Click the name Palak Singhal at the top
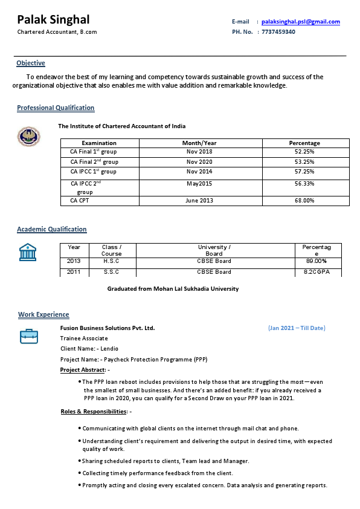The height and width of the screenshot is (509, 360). pos(53,20)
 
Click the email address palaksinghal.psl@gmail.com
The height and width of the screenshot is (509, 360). pos(300,22)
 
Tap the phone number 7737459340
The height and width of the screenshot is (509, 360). pos(278,31)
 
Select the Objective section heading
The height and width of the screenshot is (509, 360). pos(31,63)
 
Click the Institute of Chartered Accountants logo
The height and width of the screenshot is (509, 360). pos(28,136)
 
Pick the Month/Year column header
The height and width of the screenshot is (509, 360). pos(199,143)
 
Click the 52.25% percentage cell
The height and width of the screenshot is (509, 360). pos(304,152)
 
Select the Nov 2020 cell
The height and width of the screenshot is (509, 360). pos(199,162)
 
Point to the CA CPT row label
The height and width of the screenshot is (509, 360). pos(80,200)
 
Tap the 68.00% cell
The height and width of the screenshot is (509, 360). pos(304,200)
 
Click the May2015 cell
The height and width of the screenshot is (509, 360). pos(199,183)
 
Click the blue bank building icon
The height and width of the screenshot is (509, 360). pos(28,252)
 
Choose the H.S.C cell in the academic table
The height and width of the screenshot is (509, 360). pos(111,261)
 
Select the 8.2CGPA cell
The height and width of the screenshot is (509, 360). pos(316,272)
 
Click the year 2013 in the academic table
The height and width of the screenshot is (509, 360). pos(74,261)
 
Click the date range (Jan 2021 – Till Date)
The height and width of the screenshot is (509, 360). pos(297,328)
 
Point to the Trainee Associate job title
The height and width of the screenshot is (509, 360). pos(84,339)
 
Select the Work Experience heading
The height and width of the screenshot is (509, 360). pos(43,314)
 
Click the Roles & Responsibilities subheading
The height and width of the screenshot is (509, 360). pos(94,412)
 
